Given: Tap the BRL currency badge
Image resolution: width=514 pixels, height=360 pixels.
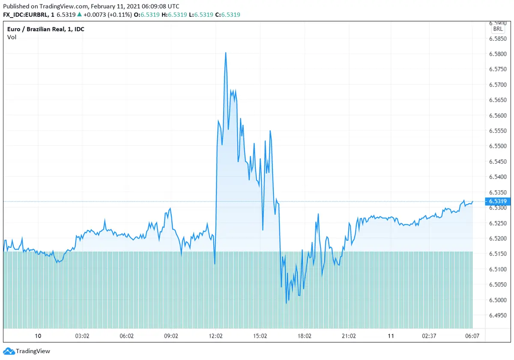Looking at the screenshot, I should [498, 29].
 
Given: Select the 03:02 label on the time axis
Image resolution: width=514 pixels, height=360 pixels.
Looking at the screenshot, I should [82, 336].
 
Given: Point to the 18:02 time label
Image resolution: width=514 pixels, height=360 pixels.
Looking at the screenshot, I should [305, 336].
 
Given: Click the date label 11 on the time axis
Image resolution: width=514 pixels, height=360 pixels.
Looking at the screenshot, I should [390, 336].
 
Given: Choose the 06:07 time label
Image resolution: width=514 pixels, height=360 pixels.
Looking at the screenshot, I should [472, 336].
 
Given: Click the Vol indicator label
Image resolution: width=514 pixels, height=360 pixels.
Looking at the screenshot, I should [12, 37].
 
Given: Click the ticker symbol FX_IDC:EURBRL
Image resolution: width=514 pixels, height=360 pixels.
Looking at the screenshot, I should [27, 15].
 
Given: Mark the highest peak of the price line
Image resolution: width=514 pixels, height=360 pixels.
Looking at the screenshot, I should [226, 53].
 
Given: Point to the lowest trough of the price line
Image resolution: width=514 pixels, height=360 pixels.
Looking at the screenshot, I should [286, 303].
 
